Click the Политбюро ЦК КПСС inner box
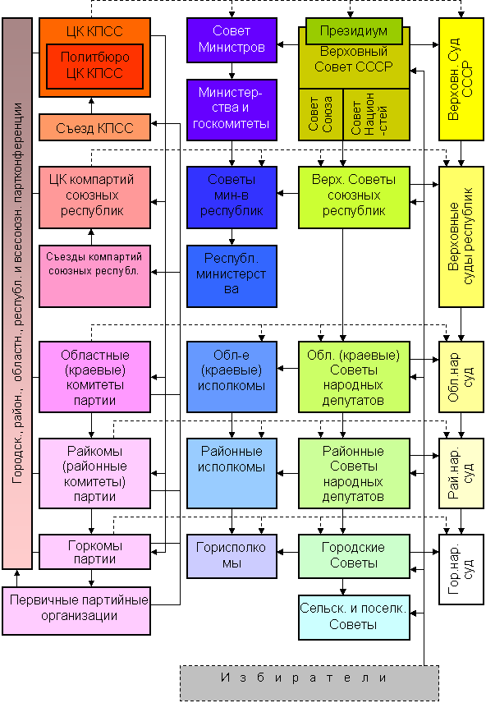click(94, 67)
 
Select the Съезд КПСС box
click(94, 128)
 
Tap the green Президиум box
click(354, 31)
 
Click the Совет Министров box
click(232, 40)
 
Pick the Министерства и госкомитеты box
click(232, 110)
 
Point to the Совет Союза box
click(320, 114)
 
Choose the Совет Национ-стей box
click(376, 114)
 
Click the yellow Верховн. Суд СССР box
click(461, 79)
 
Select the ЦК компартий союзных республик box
click(94, 197)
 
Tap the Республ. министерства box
click(232, 276)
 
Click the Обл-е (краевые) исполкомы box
click(232, 377)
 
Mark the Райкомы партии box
click(94, 473)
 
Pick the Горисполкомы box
click(232, 556)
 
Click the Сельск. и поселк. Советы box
click(354, 617)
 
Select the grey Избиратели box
click(309, 682)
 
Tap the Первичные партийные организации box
click(76, 611)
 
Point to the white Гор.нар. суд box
click(461, 569)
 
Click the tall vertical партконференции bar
click(17, 294)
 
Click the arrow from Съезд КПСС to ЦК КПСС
click(91, 105)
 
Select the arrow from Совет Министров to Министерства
click(232, 71)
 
